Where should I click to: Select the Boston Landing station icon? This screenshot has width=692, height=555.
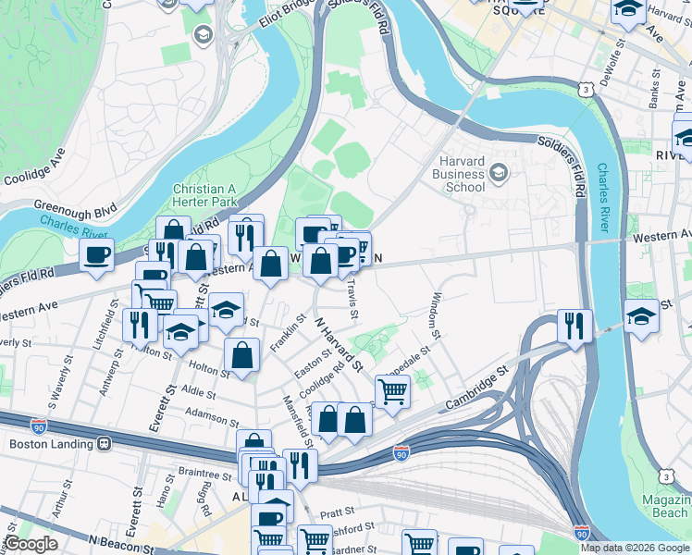click(x=104, y=443)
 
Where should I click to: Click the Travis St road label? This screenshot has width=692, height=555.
click(x=352, y=302)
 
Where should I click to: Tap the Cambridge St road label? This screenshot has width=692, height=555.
click(x=476, y=388)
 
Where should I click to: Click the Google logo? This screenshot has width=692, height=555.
click(x=31, y=544)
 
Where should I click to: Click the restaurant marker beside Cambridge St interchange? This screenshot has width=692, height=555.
click(x=575, y=325)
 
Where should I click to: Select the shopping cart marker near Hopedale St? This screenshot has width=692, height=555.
click(x=392, y=391)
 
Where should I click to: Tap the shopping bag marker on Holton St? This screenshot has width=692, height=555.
click(x=241, y=355)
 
